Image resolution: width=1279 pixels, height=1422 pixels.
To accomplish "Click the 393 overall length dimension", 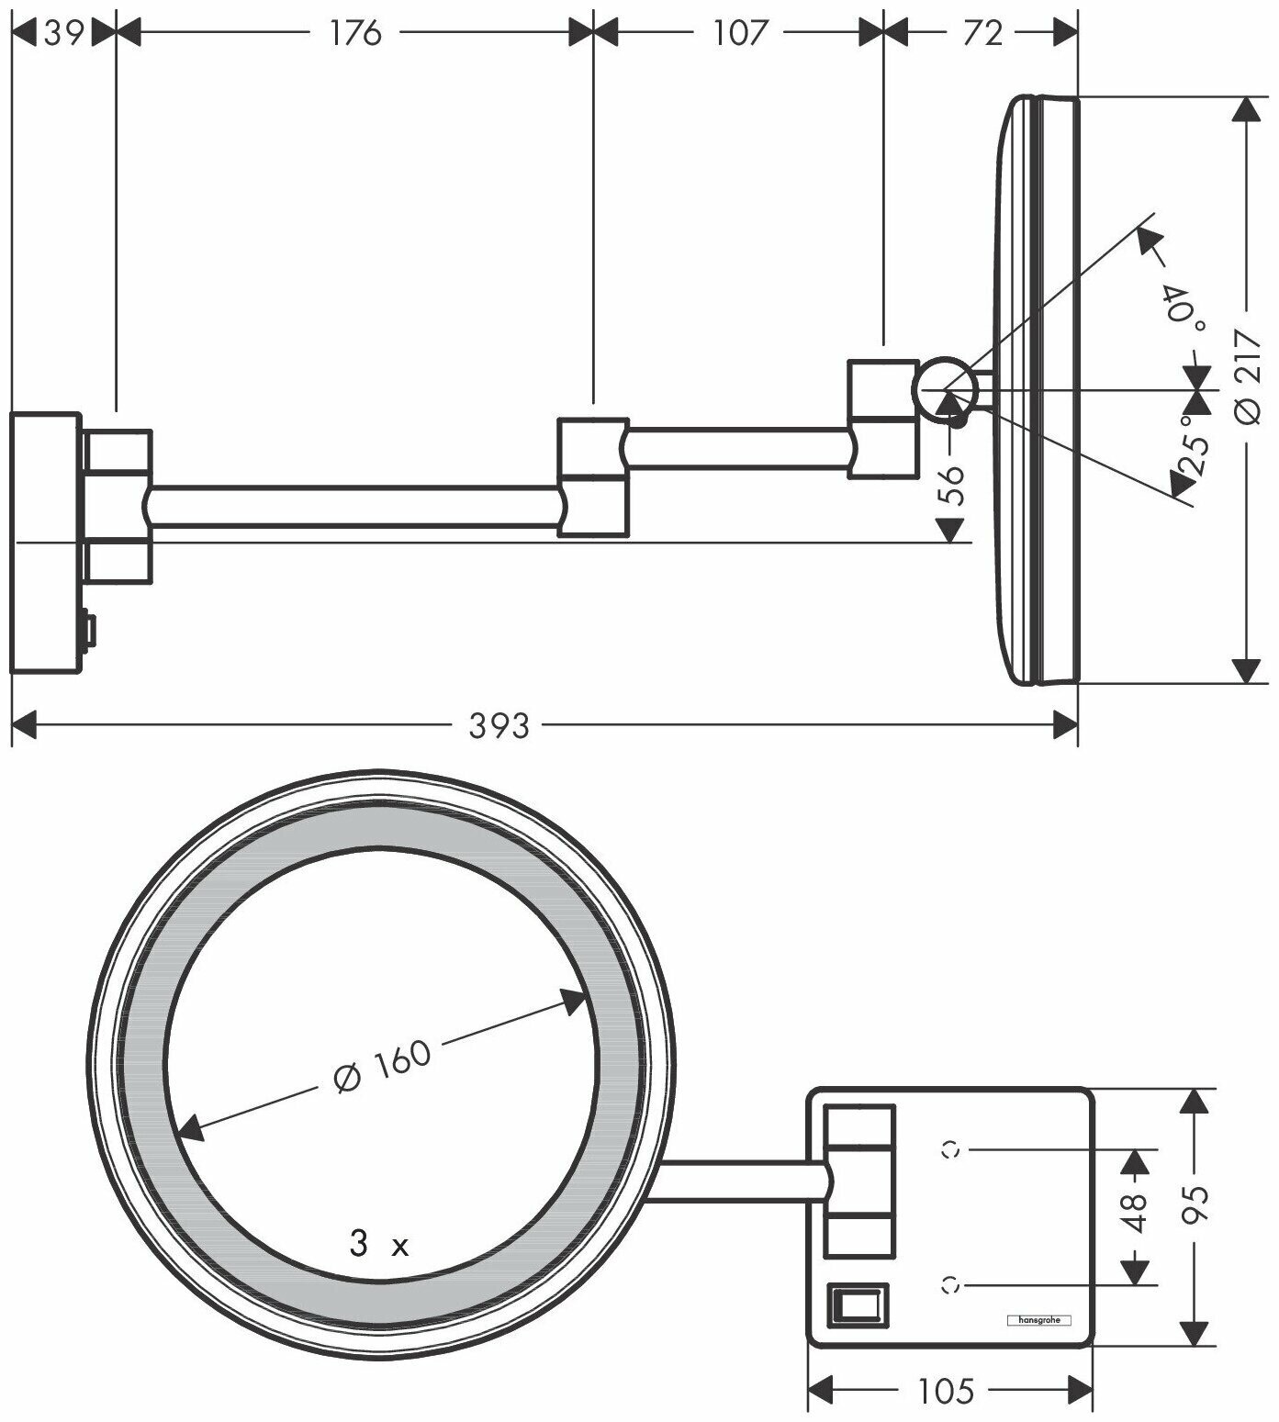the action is [x=499, y=726].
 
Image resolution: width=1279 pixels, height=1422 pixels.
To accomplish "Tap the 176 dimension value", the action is [x=355, y=33].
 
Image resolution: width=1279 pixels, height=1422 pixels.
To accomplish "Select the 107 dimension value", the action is [x=739, y=33].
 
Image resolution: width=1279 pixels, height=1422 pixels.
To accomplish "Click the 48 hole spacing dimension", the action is [x=1136, y=1215].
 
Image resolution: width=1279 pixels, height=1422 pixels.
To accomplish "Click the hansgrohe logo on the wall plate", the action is [x=1040, y=1321].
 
